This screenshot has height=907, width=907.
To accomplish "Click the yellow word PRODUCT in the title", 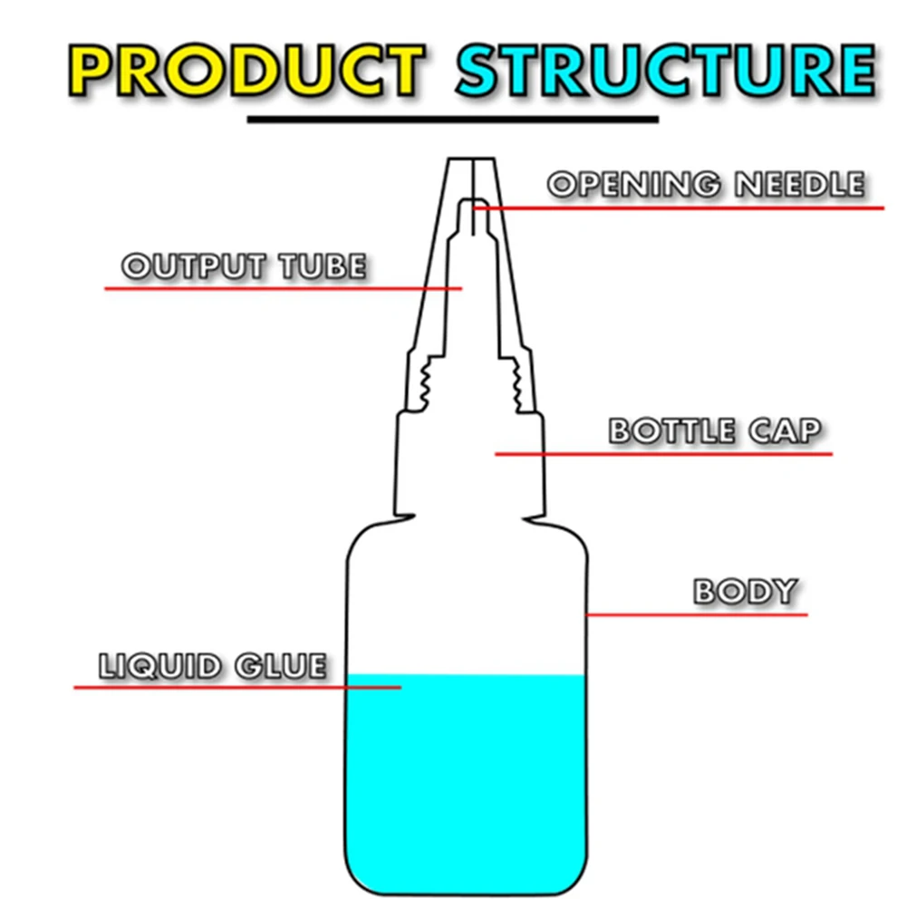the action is [246, 69].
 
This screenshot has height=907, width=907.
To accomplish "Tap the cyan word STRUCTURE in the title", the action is [664, 69].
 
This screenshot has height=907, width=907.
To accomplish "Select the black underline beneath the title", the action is [453, 120].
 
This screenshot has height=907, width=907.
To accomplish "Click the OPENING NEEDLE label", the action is [706, 185].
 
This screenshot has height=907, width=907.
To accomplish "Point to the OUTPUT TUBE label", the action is [244, 266].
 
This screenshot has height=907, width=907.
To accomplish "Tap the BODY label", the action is [745, 592].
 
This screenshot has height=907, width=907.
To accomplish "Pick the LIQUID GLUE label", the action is [211, 666].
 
